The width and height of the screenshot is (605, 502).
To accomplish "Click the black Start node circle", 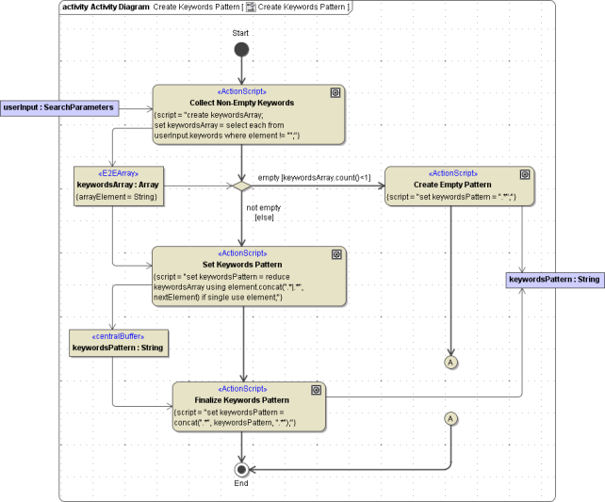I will point(241,50).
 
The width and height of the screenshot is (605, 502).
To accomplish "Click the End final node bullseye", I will point(242,468).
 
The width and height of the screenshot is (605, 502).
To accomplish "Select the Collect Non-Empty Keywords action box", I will point(248,115).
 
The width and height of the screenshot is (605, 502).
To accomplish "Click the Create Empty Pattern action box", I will point(459,186).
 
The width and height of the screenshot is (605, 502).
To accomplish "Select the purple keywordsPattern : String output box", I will point(554,280).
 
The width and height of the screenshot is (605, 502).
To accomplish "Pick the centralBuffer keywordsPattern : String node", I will point(118,342).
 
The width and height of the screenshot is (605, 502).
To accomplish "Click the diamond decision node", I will point(241,186).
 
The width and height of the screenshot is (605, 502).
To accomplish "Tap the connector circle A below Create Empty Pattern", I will point(450,361).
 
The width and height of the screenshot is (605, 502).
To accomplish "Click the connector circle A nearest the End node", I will point(450,418).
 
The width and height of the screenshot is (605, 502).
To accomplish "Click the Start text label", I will point(241,32).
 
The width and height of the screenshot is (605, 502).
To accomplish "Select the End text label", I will point(241,483).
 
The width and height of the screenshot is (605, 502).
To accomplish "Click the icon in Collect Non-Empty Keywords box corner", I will point(335,92).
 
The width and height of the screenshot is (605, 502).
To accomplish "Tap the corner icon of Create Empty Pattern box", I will point(526,174).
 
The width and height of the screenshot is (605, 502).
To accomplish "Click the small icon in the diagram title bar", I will point(251,7).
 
